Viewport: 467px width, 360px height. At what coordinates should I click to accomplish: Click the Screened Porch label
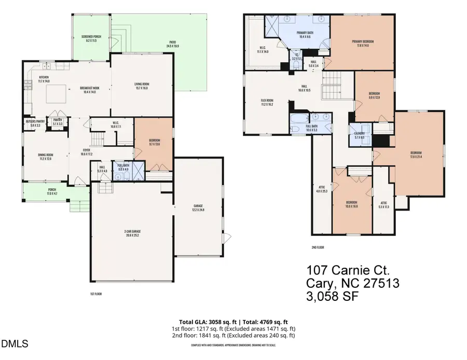(91, 38)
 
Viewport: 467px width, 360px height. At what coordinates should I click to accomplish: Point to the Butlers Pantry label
(34, 123)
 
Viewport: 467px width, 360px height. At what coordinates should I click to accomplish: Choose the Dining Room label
(45, 157)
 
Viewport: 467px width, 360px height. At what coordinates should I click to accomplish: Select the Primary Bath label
(297, 35)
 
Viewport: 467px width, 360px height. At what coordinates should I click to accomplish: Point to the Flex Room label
(267, 102)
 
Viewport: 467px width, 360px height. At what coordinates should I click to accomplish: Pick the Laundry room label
(359, 135)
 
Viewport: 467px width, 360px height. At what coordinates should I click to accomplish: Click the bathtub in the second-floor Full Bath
(299, 126)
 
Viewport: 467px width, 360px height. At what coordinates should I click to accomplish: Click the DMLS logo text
(16, 343)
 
